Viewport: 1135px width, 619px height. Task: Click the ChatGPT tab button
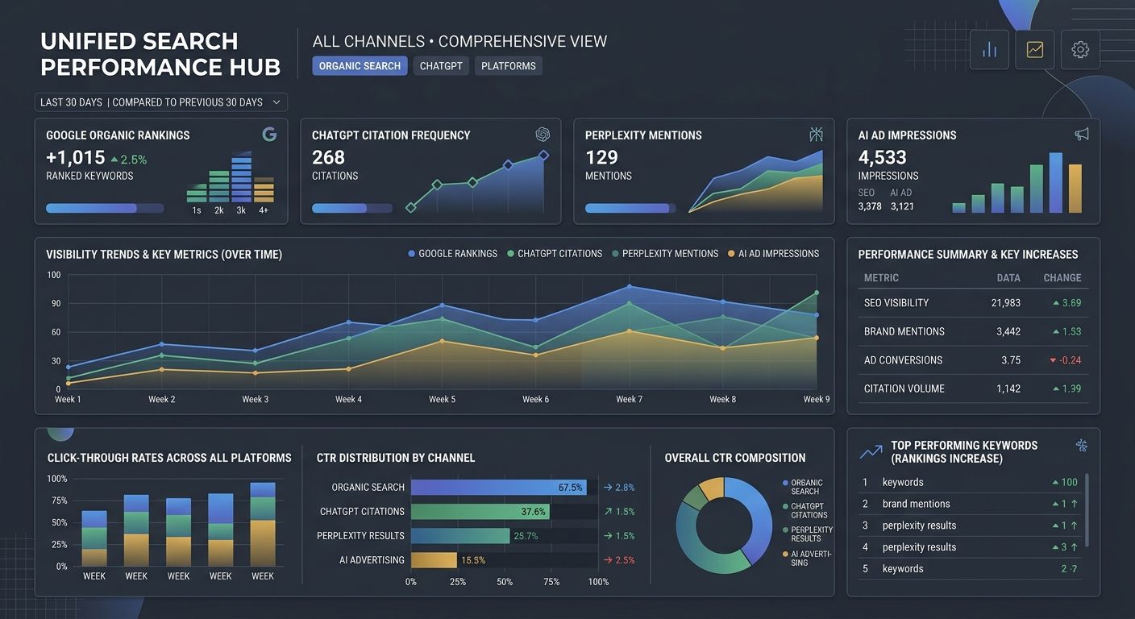(441, 66)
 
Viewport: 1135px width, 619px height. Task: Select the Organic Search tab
(360, 66)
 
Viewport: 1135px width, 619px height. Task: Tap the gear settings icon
(1080, 50)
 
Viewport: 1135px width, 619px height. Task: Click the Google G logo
(269, 135)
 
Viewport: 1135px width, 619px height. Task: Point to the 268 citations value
(328, 157)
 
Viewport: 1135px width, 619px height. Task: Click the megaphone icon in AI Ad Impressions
(1081, 135)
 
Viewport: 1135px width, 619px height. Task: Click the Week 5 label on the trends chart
(442, 400)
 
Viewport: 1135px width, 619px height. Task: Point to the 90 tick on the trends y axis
(55, 304)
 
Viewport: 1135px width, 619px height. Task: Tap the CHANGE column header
(1062, 278)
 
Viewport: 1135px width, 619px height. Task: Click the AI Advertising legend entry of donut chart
(809, 559)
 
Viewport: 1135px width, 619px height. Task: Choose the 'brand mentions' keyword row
(916, 504)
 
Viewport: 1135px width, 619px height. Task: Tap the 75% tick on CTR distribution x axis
(551, 582)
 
